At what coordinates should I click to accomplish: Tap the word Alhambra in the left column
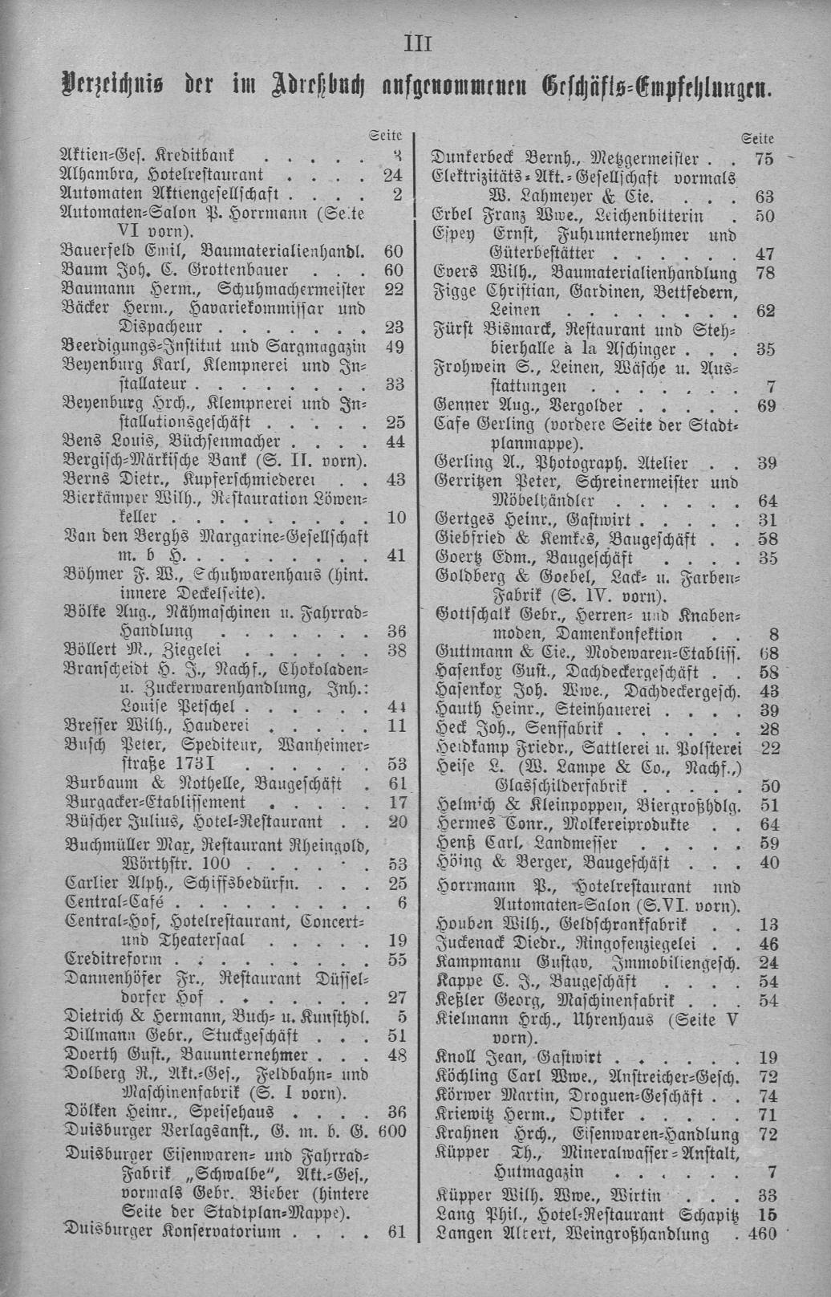point(95,173)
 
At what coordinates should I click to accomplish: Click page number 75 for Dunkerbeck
point(764,159)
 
